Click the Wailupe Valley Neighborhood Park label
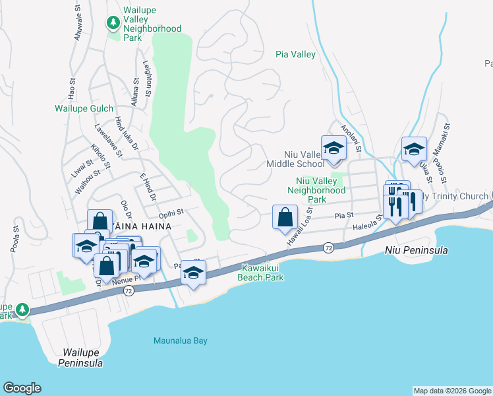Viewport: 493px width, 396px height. point(152,24)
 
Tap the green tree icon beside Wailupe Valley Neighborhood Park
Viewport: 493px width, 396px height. point(113,23)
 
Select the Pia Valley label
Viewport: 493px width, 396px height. point(295,55)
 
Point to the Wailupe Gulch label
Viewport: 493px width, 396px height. point(84,108)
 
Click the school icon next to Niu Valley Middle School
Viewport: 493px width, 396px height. point(333,148)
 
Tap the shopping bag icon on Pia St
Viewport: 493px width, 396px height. point(284,217)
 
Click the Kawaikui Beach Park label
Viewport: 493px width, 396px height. point(262,273)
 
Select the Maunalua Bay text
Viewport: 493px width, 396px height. point(180,341)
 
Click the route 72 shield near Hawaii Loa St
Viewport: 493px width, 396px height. point(328,247)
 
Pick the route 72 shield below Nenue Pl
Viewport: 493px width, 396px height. point(129,291)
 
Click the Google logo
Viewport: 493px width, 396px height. point(22,388)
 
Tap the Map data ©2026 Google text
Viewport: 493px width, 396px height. point(452,391)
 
